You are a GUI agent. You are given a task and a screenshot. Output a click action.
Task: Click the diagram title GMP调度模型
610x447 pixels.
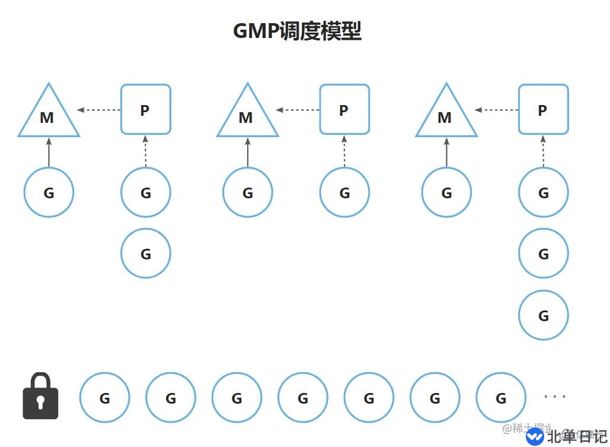pos(297,31)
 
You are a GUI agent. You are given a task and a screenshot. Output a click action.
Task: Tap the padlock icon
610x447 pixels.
pos(40,397)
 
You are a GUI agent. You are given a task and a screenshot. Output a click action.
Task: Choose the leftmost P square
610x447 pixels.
pos(145,109)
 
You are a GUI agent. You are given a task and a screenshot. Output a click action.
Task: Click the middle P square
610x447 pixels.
pos(344,109)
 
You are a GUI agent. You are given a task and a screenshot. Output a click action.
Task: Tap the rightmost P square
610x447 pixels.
pos(543,109)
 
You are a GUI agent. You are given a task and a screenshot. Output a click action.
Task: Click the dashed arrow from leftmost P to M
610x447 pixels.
pos(99,110)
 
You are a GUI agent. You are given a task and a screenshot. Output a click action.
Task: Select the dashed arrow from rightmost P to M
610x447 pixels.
pos(497,110)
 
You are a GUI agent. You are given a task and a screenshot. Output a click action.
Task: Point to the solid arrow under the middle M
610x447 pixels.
pos(248,153)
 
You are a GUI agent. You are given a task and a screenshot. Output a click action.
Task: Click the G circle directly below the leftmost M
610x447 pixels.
pos(49,192)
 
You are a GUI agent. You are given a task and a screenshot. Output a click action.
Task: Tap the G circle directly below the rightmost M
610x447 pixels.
pos(446,192)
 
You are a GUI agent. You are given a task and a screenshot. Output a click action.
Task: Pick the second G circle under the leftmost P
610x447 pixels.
pos(145,253)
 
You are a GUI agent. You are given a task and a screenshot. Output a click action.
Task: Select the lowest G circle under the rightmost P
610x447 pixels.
pos(543,315)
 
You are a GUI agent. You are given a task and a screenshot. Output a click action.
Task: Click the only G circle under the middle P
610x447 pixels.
pos(344,192)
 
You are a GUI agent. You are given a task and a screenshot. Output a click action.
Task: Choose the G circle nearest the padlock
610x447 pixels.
pos(104,398)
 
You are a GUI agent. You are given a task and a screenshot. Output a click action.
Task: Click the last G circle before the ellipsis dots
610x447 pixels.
pos(501,398)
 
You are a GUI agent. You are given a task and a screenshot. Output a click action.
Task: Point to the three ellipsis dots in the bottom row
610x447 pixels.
pos(555,396)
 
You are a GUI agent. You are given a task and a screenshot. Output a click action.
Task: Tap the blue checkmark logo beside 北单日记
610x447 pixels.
pos(535,436)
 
